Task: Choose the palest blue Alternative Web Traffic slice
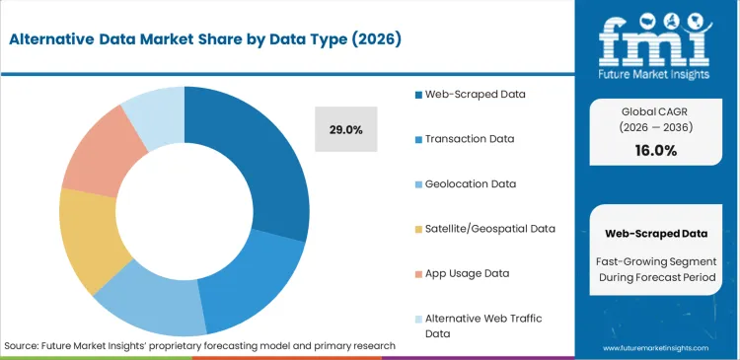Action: click(154, 113)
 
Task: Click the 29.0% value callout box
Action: click(345, 129)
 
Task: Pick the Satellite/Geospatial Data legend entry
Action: click(484, 228)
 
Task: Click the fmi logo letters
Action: click(656, 36)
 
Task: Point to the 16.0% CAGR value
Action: click(657, 150)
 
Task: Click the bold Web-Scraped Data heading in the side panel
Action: click(657, 234)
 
